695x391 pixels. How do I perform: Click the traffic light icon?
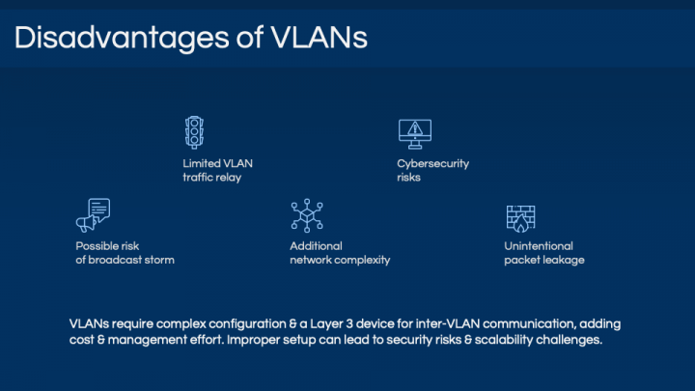point(194,132)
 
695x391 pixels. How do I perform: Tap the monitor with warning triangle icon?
point(415,134)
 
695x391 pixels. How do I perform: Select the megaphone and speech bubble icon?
point(93,215)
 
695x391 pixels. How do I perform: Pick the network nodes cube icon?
point(307,215)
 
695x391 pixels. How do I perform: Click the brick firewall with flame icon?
point(521,218)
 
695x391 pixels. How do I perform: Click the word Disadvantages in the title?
point(122,38)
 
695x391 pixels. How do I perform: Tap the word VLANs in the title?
point(320,38)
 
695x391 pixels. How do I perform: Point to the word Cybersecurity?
point(433,163)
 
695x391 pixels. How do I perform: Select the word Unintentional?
point(539,246)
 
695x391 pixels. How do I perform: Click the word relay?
point(228,178)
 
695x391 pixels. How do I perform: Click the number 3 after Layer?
point(349,324)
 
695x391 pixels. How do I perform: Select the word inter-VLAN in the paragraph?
point(448,324)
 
